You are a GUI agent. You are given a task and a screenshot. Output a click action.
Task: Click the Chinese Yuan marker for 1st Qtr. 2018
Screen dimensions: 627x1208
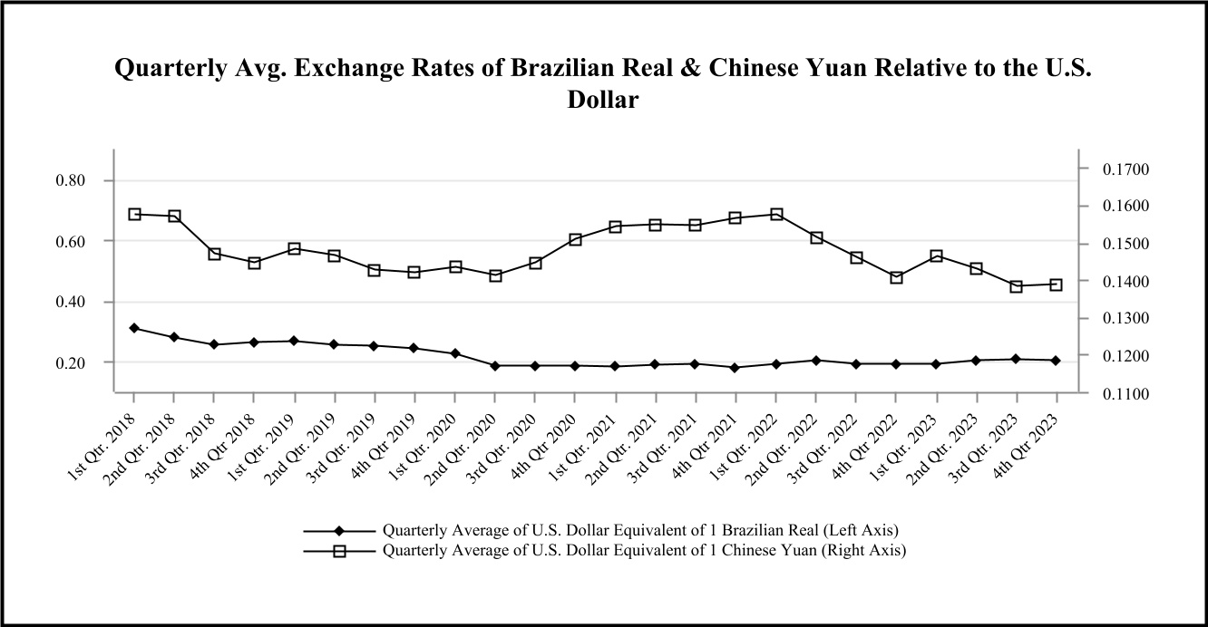[134, 215]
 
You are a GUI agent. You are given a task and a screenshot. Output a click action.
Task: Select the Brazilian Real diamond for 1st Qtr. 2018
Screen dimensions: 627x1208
[134, 328]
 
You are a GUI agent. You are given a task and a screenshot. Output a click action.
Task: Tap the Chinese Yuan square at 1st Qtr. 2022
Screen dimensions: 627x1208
[776, 215]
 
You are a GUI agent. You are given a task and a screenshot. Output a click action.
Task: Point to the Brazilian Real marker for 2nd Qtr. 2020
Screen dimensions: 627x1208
[495, 366]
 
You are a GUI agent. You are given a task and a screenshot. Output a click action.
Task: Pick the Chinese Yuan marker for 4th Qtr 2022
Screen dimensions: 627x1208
[896, 277]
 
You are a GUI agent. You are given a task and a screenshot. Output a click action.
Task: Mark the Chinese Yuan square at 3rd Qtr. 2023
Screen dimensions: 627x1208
[1017, 286]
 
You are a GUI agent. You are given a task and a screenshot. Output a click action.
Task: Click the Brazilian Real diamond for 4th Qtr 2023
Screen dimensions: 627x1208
[1057, 361]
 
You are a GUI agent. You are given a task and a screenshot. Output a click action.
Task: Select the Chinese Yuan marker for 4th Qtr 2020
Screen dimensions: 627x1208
[575, 239]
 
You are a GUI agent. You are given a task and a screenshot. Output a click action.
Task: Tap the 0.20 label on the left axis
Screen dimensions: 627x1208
[70, 362]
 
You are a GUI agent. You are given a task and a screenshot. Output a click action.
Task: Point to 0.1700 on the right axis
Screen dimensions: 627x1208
[1124, 169]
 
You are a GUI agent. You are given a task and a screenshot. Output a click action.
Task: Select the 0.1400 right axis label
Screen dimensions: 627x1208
[1124, 282]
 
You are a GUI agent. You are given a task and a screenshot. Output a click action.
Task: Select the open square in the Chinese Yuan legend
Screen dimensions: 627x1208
[338, 550]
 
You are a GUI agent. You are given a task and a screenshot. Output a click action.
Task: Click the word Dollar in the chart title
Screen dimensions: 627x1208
[603, 101]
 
